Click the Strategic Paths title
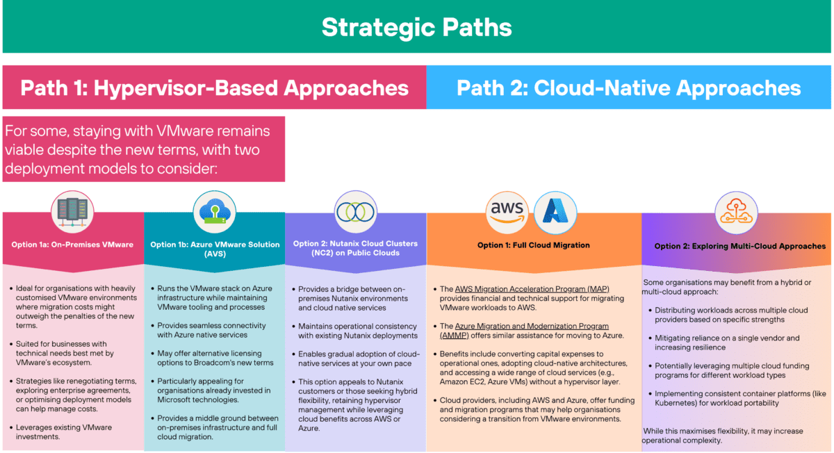click(x=416, y=27)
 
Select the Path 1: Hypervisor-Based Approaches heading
click(x=214, y=88)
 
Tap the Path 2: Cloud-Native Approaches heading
click(x=628, y=88)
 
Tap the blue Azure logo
click(x=557, y=209)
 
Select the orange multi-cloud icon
click(x=736, y=208)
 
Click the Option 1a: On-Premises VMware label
click(x=72, y=245)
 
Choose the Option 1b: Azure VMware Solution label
click(x=215, y=249)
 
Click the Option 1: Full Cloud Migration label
click(x=533, y=245)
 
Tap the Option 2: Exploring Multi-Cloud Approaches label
click(x=739, y=246)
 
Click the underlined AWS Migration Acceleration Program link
click(x=532, y=289)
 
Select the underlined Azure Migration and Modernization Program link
click(x=532, y=326)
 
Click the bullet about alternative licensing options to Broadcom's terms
click(x=215, y=359)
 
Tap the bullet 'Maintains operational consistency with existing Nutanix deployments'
click(x=356, y=331)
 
